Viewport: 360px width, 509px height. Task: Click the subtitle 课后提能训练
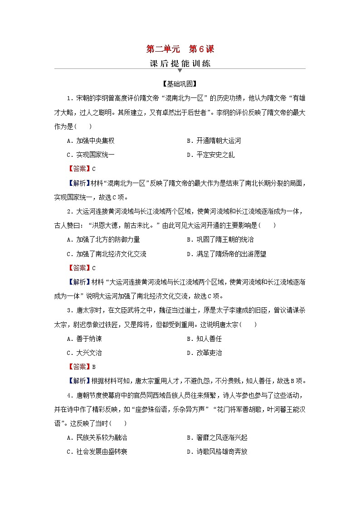(x=180, y=63)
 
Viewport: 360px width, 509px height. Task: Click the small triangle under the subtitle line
(x=180, y=71)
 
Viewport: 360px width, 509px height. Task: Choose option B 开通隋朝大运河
(x=214, y=141)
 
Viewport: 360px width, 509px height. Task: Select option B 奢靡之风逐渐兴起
(x=217, y=437)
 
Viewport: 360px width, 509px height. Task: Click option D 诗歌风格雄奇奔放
(x=217, y=451)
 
